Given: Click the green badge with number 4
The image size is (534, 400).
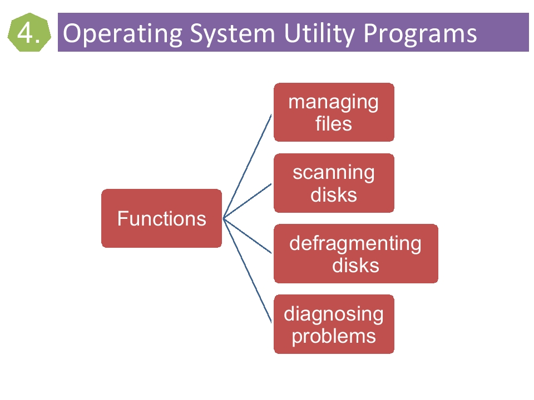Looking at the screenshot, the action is (29, 32).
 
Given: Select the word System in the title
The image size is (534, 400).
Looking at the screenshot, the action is (233, 34).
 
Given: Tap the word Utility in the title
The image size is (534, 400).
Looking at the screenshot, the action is (320, 34).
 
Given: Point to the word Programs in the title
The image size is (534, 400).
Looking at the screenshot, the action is (421, 34).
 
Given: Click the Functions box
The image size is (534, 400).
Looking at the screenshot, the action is (161, 218).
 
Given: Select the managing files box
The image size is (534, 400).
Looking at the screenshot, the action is (334, 112).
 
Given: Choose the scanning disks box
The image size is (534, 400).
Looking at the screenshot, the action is (334, 183).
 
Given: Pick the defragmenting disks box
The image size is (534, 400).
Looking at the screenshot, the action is (356, 254).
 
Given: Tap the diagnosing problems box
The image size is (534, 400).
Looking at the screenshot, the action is (334, 324).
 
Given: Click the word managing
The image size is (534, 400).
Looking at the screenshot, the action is (333, 102).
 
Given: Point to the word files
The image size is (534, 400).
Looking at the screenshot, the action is (333, 123).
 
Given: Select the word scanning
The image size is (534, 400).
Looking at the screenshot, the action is (334, 173).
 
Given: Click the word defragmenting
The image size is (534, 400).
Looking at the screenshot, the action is (355, 244).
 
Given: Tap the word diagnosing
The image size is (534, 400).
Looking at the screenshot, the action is (334, 314).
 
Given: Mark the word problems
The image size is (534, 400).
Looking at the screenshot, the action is (334, 337).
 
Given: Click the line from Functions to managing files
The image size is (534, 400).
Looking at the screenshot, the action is (247, 166).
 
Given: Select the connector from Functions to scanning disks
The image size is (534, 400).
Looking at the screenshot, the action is (247, 201).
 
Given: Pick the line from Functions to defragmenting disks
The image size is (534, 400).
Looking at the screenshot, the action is (247, 236).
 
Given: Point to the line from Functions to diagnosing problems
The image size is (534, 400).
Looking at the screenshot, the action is (247, 271).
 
